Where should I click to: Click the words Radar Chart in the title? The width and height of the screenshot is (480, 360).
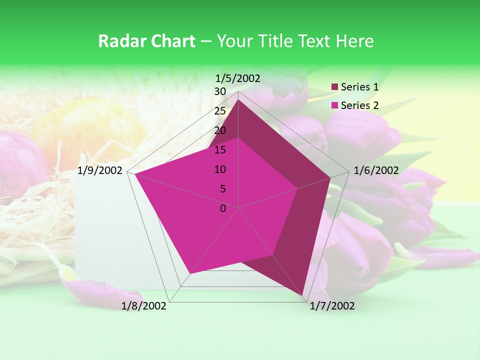tap(146, 41)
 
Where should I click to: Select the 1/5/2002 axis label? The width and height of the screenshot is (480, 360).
tap(238, 78)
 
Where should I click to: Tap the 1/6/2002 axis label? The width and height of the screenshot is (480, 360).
tap(376, 170)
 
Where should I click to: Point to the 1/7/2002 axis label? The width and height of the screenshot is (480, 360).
tap(332, 306)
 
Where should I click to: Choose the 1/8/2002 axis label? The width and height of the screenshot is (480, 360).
tap(144, 306)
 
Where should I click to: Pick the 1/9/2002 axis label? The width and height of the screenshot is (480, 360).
tap(100, 170)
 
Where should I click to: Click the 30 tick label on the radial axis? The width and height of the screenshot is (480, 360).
tap(220, 91)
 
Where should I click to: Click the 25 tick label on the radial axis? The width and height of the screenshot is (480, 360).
tap(220, 111)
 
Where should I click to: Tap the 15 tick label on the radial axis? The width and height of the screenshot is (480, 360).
tap(220, 150)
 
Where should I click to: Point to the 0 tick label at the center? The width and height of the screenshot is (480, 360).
tap(223, 208)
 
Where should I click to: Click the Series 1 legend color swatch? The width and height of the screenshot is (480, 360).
tap(335, 87)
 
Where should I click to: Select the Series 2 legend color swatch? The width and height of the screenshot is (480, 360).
tap(335, 105)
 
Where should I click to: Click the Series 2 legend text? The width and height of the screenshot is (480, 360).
tap(359, 105)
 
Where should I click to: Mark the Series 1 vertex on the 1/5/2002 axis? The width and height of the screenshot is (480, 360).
tap(238, 99)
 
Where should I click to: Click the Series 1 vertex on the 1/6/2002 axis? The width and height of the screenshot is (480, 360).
tap(330, 177)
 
